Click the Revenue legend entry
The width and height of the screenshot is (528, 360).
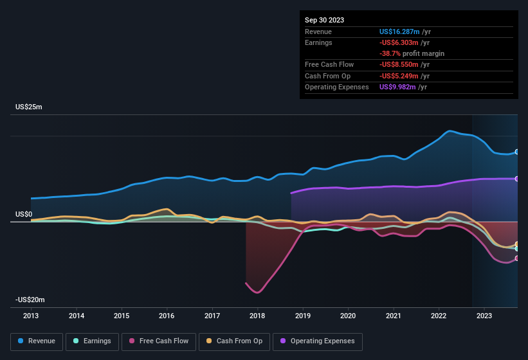pyautogui.click(x=37, y=341)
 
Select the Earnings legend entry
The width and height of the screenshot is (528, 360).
pyautogui.click(x=92, y=341)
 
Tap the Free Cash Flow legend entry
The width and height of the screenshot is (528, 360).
pyautogui.click(x=159, y=341)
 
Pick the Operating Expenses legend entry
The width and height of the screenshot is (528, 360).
pyautogui.click(x=318, y=341)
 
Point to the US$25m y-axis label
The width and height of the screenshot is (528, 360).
pyautogui.click(x=29, y=107)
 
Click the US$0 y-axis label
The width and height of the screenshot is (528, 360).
pyautogui.click(x=24, y=214)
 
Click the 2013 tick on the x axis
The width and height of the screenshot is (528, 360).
pyautogui.click(x=31, y=316)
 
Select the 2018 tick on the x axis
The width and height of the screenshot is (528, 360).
pyautogui.click(x=257, y=316)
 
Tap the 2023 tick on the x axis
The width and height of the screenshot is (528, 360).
pyautogui.click(x=484, y=316)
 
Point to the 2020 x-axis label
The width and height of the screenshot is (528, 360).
pyautogui.click(x=348, y=316)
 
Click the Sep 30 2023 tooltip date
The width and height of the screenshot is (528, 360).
pyautogui.click(x=324, y=20)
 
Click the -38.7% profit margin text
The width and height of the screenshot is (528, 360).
pyautogui.click(x=412, y=53)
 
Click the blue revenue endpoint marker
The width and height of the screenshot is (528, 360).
pyautogui.click(x=517, y=152)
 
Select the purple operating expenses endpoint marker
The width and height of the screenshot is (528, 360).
pyautogui.click(x=517, y=179)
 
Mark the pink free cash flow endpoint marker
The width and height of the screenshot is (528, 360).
pyautogui.click(x=517, y=258)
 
